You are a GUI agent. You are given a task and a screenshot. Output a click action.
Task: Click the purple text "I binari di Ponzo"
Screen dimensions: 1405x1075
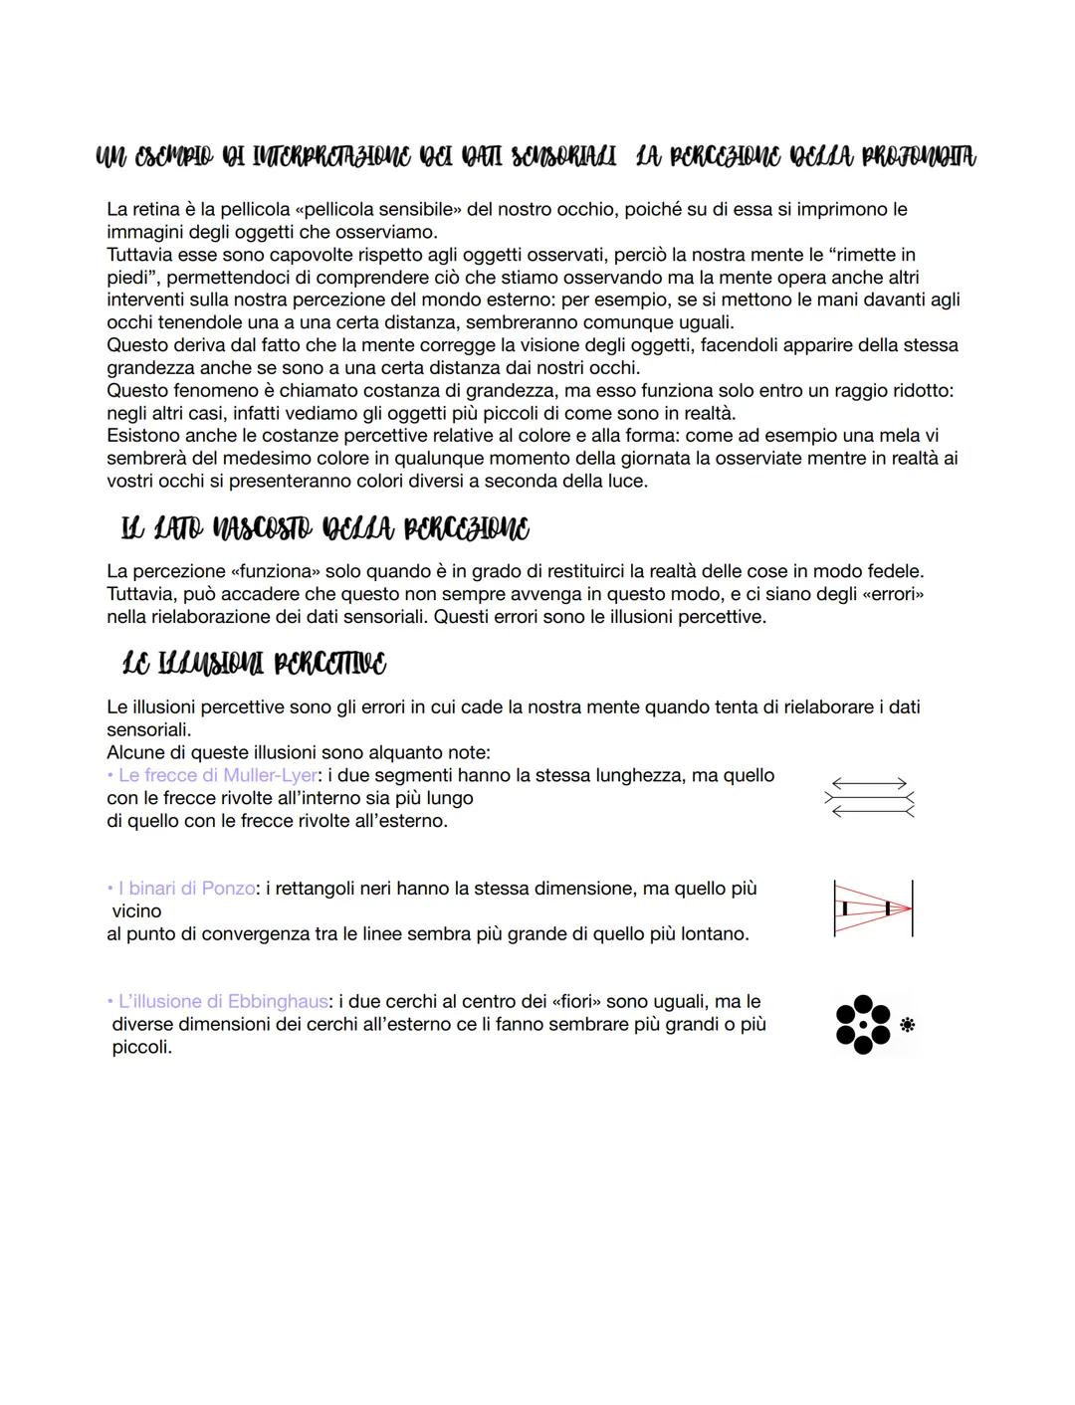click(185, 889)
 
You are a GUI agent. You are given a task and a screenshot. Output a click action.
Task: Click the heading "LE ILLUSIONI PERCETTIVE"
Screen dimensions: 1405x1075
click(254, 664)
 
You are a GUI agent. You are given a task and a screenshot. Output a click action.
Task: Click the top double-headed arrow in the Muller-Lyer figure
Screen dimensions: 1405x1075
click(869, 784)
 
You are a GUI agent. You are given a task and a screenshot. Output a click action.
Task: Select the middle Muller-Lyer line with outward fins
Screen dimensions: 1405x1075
click(869, 798)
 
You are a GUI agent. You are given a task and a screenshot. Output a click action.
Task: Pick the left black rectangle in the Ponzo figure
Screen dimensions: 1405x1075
click(845, 908)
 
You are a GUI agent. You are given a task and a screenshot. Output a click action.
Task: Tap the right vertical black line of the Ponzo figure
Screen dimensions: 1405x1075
click(912, 907)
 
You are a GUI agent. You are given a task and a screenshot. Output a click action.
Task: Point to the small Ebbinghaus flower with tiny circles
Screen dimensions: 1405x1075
click(907, 1024)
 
